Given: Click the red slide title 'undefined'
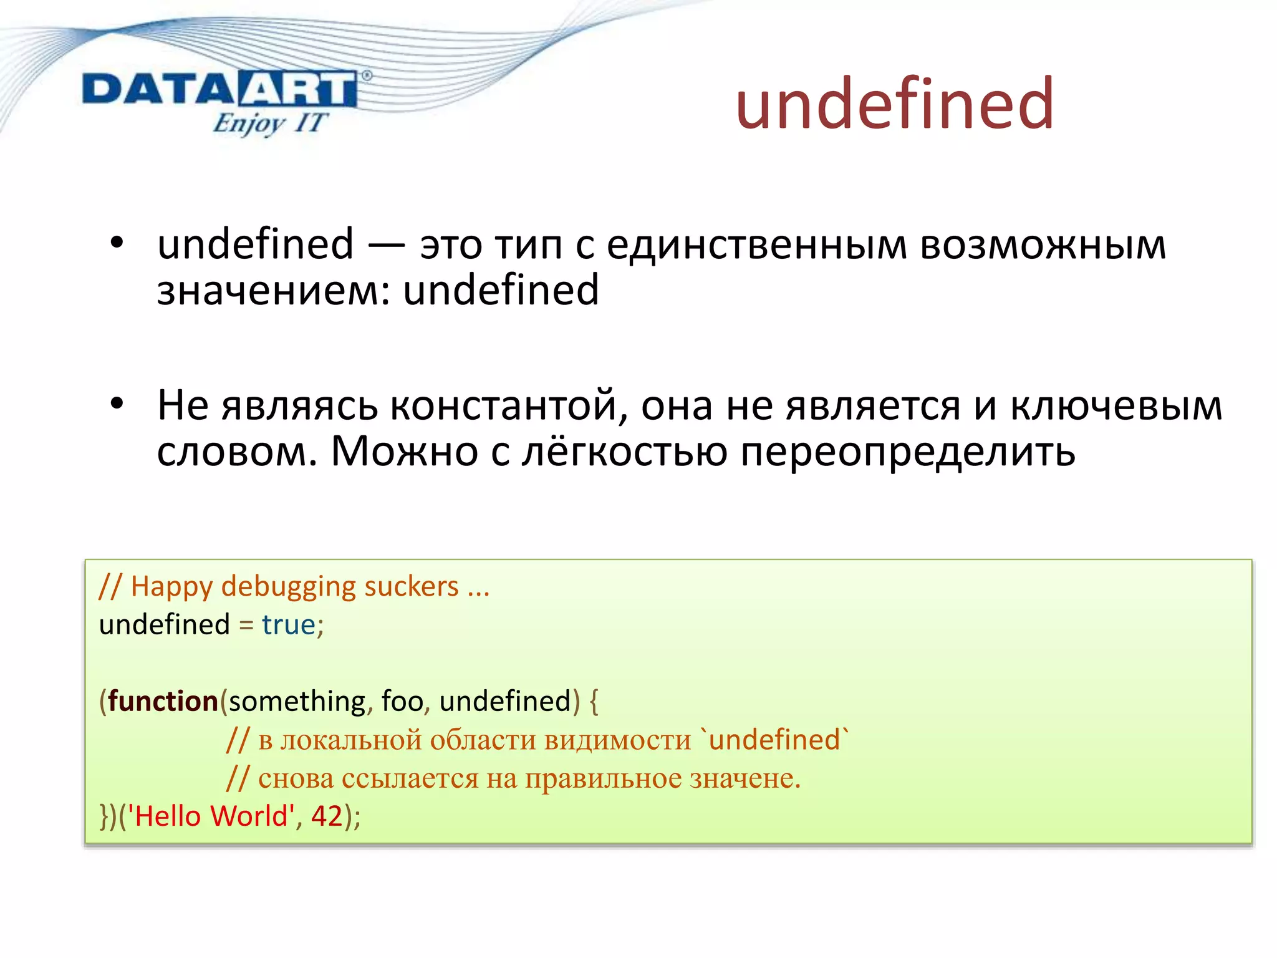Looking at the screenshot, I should coord(895,104).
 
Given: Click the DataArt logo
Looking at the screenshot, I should coord(219,89).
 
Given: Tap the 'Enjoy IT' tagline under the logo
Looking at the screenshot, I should coord(269,123).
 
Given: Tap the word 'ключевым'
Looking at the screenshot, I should coord(1116,405).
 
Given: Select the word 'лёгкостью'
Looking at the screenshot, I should coord(624,451).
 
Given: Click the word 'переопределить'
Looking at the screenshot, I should coord(907,452).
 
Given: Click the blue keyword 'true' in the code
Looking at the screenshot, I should coord(288,625).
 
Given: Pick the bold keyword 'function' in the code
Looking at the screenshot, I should coord(163,701).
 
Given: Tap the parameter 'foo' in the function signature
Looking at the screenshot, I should coord(402,701).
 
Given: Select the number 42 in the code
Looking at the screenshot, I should coord(327,816).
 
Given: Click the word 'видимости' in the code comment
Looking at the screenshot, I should coord(617,740).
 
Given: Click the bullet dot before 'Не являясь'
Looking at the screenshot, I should coord(117,404).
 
